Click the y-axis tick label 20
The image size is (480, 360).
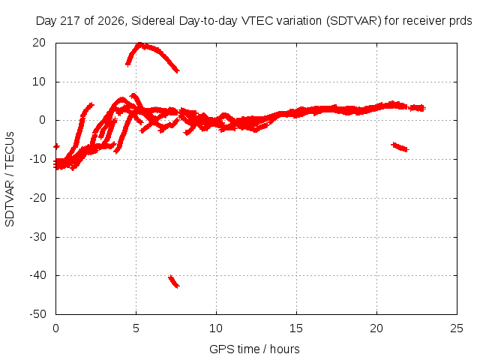(39, 43)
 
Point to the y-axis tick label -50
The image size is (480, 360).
(37, 314)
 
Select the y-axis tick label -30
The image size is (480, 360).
(37, 237)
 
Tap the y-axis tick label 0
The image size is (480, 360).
(42, 120)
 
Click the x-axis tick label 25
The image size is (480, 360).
(457, 328)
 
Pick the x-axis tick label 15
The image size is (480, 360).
(296, 328)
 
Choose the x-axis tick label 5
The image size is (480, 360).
(136, 328)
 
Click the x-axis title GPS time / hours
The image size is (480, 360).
(254, 349)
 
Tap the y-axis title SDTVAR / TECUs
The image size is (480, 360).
(10, 179)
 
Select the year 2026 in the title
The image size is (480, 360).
(110, 21)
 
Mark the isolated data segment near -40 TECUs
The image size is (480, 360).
(174, 282)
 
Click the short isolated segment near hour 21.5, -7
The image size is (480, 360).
(400, 147)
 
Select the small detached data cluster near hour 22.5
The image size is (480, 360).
(417, 108)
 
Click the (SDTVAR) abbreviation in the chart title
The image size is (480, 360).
(353, 21)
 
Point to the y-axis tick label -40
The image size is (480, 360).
(37, 275)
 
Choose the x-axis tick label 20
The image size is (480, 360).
(376, 328)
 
